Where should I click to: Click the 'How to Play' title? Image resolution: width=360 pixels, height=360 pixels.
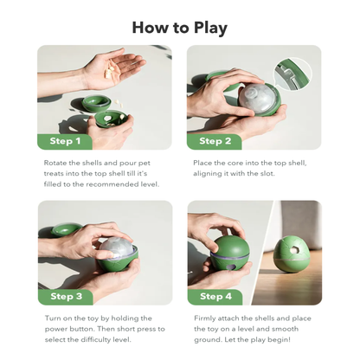(x=179, y=28)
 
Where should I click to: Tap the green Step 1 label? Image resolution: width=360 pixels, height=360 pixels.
(x=66, y=141)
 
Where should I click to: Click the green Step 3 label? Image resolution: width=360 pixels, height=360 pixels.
(x=66, y=296)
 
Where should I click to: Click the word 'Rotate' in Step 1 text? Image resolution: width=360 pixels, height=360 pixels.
(x=57, y=162)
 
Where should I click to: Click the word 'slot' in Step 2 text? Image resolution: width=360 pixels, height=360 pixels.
(x=274, y=173)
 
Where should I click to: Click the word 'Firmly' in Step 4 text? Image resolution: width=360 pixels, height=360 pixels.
(x=207, y=318)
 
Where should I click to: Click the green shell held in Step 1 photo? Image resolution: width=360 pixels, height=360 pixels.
(x=108, y=119)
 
